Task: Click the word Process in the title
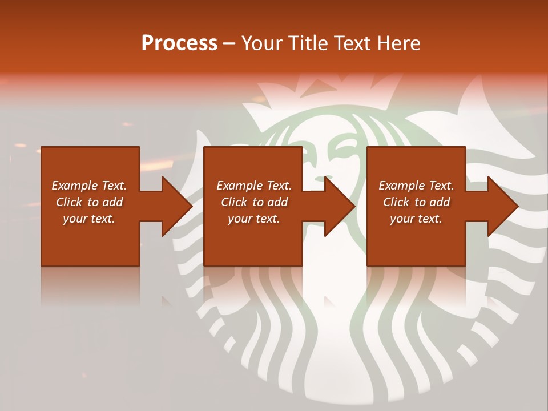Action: [x=179, y=43]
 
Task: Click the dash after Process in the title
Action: [x=229, y=44]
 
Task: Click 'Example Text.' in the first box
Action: [x=89, y=186]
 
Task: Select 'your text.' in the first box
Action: [x=89, y=219]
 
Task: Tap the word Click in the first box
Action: [x=70, y=202]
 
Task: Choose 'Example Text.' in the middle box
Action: [x=254, y=186]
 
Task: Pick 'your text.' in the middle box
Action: [x=254, y=219]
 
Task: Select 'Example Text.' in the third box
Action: [x=416, y=186]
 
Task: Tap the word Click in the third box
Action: [x=397, y=202]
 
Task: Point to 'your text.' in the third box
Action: [x=416, y=219]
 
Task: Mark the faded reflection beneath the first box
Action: [x=90, y=285]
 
